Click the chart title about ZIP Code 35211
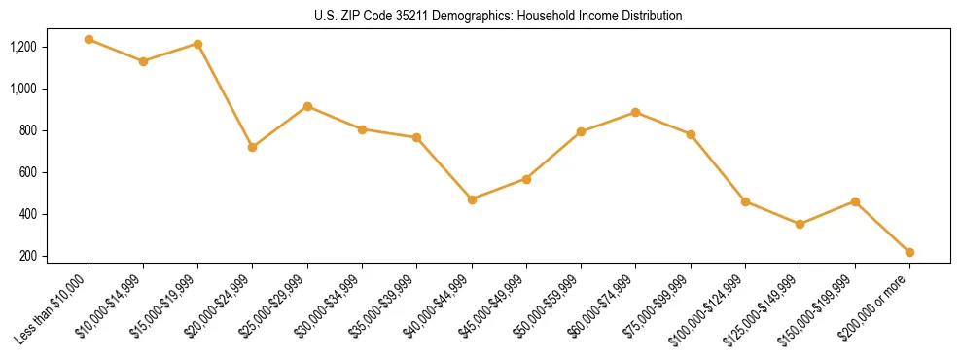click(498, 16)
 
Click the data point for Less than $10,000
click(89, 40)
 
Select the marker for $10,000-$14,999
click(143, 61)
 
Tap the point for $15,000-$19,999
click(197, 44)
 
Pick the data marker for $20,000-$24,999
click(252, 147)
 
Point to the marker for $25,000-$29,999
click(307, 106)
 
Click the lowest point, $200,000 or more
click(909, 252)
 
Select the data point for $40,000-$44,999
click(472, 199)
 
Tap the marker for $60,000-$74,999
click(635, 112)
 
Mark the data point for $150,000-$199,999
click(855, 201)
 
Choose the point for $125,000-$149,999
click(800, 224)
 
